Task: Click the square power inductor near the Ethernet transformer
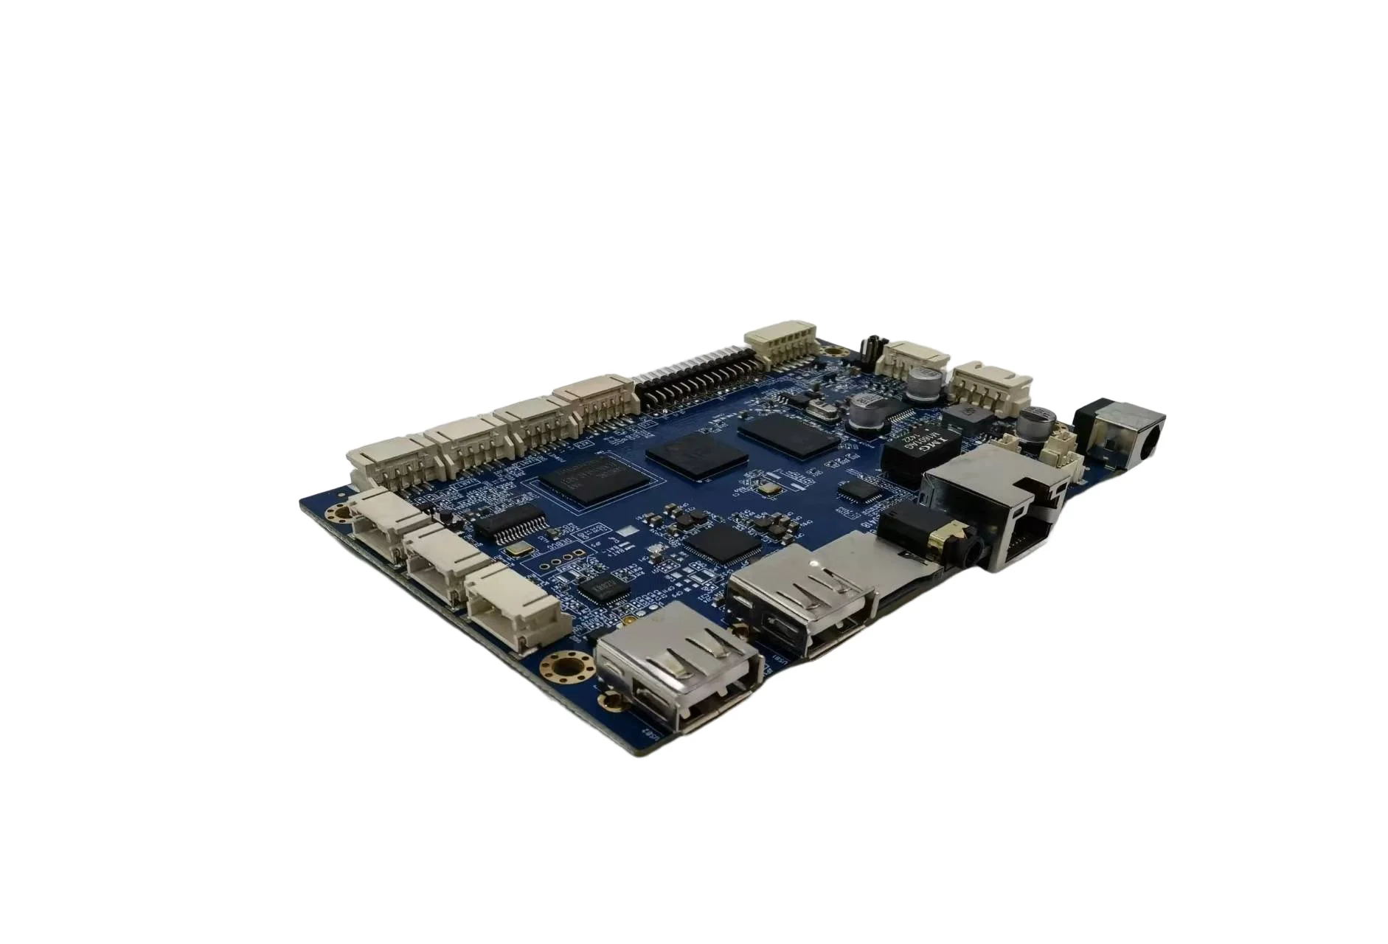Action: click(965, 418)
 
